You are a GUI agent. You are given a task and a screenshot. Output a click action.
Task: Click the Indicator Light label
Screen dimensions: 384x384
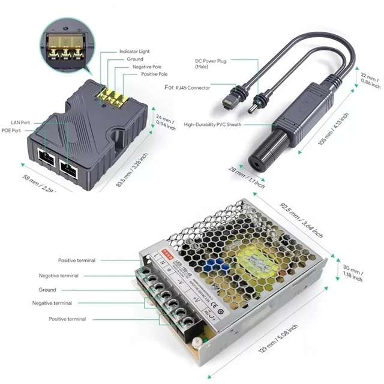click(x=135, y=52)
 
